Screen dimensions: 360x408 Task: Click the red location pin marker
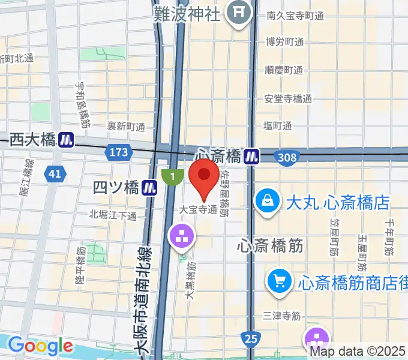[x=204, y=176]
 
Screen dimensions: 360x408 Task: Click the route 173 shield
[x=119, y=152]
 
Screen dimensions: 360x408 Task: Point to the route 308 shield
[x=287, y=157]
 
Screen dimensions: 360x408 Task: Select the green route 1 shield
[x=173, y=176]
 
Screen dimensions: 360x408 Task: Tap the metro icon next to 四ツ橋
[x=149, y=188]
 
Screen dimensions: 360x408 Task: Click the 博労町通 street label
[x=284, y=42]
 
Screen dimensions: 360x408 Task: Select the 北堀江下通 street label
[x=113, y=215]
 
